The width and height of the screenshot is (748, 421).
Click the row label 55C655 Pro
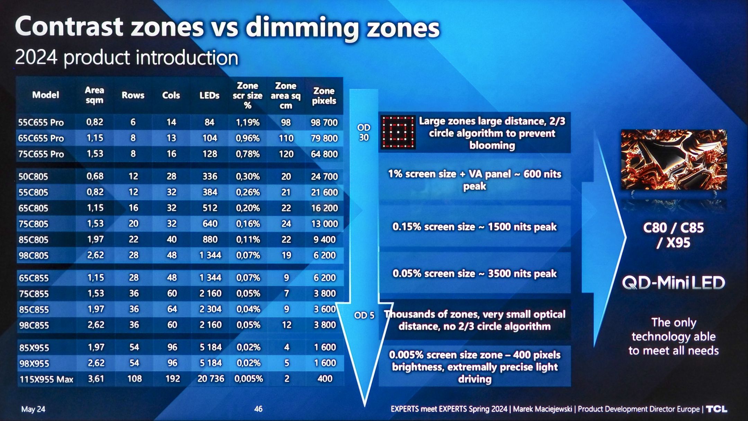click(41, 122)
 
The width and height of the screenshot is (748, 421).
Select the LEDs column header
click(209, 95)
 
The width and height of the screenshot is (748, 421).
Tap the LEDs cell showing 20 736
click(211, 379)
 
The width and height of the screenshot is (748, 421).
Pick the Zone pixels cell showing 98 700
click(324, 122)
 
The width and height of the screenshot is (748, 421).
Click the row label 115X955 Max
click(46, 379)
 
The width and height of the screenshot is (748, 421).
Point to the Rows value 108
click(134, 379)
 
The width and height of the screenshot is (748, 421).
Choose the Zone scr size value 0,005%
click(249, 379)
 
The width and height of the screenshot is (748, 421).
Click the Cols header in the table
click(171, 95)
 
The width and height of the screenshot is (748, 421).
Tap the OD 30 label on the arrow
click(364, 132)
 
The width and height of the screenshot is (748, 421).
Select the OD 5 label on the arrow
click(364, 315)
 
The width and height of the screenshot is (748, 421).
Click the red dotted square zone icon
click(398, 132)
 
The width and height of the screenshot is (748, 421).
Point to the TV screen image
click(674, 160)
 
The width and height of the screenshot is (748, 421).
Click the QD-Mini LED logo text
click(674, 283)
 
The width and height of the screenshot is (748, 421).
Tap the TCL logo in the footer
click(716, 409)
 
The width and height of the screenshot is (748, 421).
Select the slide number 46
click(258, 409)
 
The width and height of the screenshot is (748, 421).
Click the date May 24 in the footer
click(33, 409)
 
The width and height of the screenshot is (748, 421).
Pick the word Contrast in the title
click(69, 27)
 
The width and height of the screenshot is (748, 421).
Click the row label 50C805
click(33, 177)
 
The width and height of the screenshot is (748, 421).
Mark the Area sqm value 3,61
click(96, 379)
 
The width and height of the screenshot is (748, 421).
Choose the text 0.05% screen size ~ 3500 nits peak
click(474, 274)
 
